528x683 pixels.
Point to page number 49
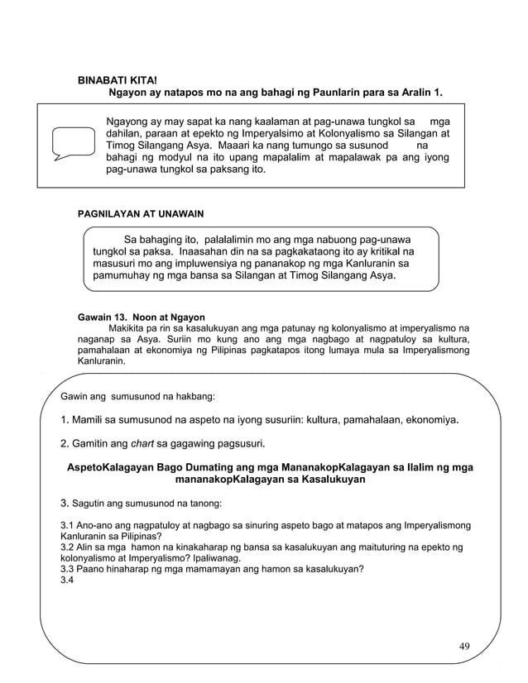pos(464,646)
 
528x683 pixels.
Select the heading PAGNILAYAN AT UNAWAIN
pos(140,213)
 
